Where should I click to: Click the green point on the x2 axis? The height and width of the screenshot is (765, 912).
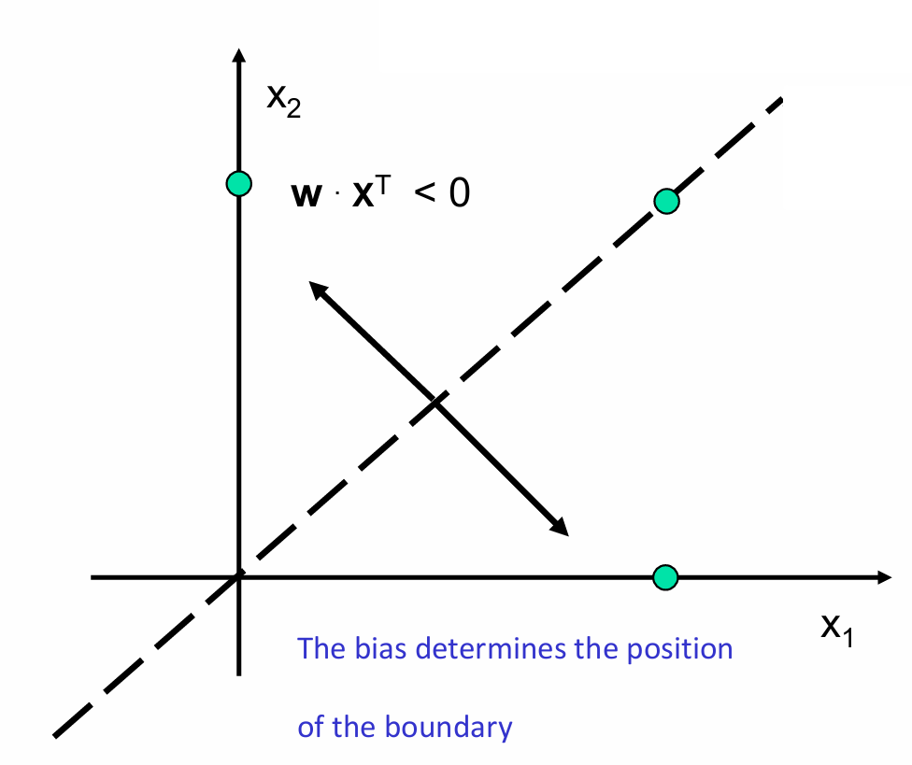239,183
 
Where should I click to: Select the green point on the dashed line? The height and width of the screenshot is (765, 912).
665,201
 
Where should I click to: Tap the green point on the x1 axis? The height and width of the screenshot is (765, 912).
664,577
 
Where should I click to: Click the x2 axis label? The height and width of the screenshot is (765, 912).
283,99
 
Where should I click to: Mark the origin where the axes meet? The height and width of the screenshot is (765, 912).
239,577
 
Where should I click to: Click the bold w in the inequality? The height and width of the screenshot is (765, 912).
306,197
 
